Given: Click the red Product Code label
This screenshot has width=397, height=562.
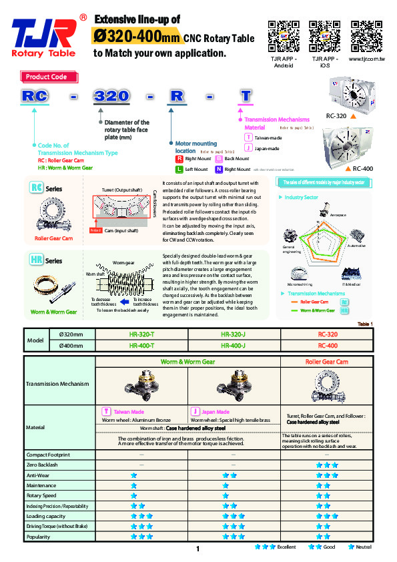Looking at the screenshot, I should click(46, 77).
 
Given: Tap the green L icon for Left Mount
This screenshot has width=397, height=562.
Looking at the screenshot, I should click(179, 170).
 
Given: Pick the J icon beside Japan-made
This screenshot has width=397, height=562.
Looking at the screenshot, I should click(248, 148).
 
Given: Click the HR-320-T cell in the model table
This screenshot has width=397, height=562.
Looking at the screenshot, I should click(141, 334).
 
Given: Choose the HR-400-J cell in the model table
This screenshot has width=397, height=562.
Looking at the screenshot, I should click(234, 345).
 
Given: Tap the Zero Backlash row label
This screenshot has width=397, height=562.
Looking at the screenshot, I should click(41, 465).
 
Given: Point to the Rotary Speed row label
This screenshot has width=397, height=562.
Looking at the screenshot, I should click(41, 496).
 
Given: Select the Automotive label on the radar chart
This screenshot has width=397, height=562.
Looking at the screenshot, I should click(356, 246).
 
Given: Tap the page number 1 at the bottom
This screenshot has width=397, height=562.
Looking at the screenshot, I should click(198, 549).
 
